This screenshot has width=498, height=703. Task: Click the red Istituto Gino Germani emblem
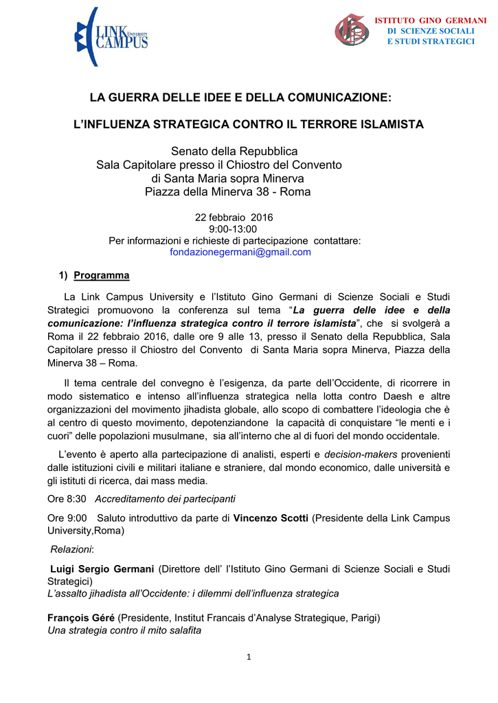pyautogui.click(x=351, y=30)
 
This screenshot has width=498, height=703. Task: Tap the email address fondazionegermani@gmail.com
pyautogui.click(x=240, y=252)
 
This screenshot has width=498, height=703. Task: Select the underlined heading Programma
pyautogui.click(x=102, y=275)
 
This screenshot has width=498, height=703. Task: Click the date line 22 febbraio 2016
pyautogui.click(x=235, y=218)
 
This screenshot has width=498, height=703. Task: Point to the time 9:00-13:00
pyautogui.click(x=233, y=229)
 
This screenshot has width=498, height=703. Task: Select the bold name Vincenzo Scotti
pyautogui.click(x=271, y=518)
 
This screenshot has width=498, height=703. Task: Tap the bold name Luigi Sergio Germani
pyautogui.click(x=103, y=568)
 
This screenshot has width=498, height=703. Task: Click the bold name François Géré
pyautogui.click(x=81, y=618)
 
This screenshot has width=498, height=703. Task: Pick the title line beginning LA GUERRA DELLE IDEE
pyautogui.click(x=240, y=99)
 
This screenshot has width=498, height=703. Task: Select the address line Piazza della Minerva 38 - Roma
pyautogui.click(x=227, y=192)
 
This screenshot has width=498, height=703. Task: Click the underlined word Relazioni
pyautogui.click(x=72, y=549)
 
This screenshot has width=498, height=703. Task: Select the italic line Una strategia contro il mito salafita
pyautogui.click(x=124, y=630)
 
